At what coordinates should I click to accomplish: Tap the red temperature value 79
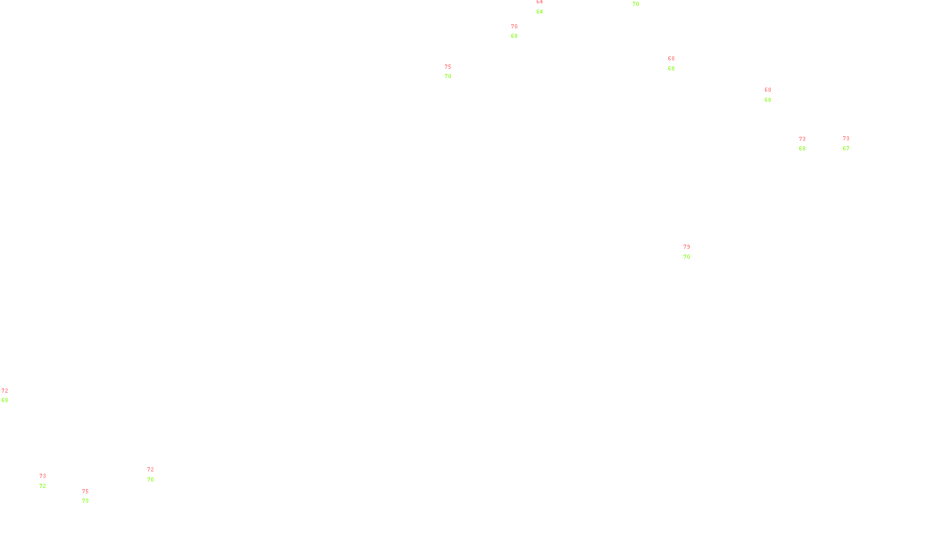(x=687, y=247)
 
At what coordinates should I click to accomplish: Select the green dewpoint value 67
(x=846, y=149)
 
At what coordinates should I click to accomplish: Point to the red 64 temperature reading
(x=540, y=2)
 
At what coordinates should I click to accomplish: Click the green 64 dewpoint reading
(x=540, y=12)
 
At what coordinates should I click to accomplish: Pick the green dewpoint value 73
(x=85, y=501)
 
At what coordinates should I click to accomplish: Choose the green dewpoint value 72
(x=43, y=486)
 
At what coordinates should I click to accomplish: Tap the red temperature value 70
(x=514, y=27)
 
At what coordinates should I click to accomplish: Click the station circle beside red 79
(x=692, y=252)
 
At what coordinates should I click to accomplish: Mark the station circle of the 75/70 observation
(x=454, y=72)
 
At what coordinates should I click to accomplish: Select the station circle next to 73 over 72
(x=49, y=481)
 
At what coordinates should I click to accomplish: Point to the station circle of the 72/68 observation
(x=10, y=396)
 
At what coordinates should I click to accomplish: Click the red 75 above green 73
(x=85, y=492)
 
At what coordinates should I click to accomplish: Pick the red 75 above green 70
(x=448, y=67)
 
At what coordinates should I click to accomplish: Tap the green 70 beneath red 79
(x=687, y=257)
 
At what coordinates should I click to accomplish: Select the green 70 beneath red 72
(x=150, y=480)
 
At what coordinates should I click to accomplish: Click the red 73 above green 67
(x=846, y=139)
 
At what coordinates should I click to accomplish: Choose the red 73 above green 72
(x=43, y=476)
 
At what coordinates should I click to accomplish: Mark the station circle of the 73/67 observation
(x=851, y=144)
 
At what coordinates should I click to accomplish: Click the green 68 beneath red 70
(x=514, y=36)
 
